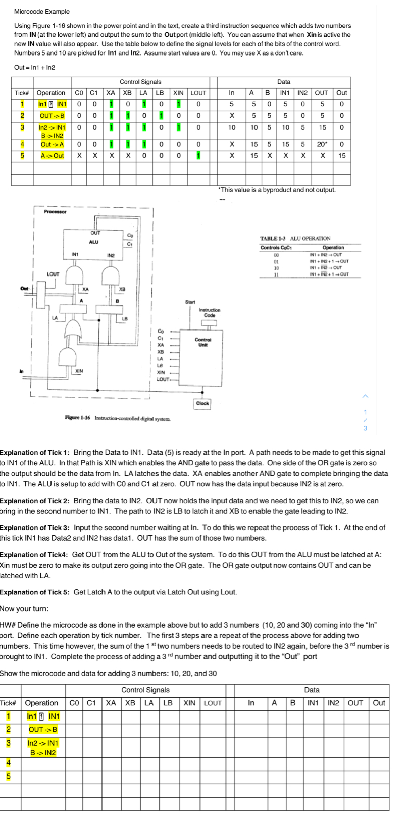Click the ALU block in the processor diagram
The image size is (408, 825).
pos(94,241)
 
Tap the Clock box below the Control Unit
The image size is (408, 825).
pos(202,403)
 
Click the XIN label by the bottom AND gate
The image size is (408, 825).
pos(79,371)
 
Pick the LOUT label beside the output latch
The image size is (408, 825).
pos(53,274)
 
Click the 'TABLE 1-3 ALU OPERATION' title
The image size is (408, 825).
pos(295,238)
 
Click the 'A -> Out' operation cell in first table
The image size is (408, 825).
pos(52,155)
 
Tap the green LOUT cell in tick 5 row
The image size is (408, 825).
pos(198,155)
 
